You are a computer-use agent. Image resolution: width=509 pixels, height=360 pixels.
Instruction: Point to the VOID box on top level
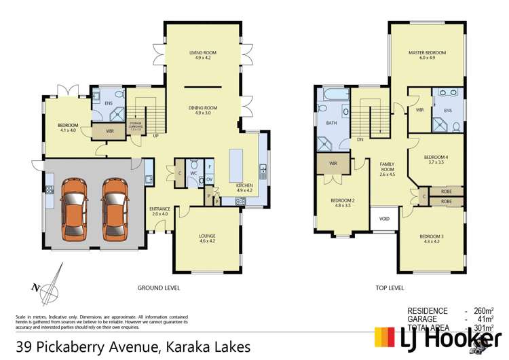coord(384,219)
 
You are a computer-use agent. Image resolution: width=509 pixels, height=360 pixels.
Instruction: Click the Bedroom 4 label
coord(435,160)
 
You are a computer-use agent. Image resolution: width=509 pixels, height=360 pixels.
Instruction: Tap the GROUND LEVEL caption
coord(158,287)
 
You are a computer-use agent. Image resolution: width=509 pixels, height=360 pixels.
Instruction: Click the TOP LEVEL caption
coord(390,287)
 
